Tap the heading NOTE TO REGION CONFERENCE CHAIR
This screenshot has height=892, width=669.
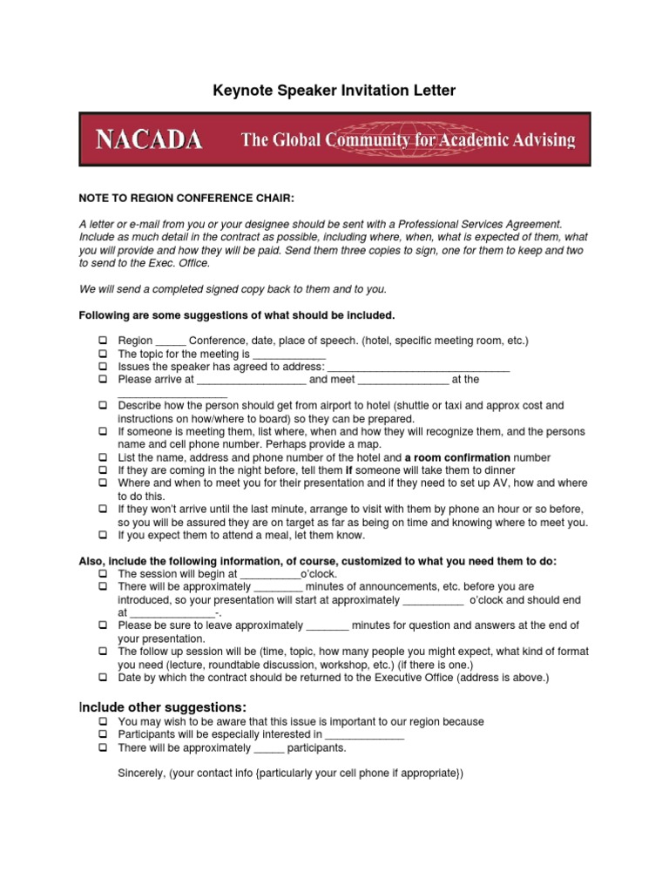[186, 199]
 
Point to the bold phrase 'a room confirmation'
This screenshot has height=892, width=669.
[457, 457]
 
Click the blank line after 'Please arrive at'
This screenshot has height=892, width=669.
[251, 381]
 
